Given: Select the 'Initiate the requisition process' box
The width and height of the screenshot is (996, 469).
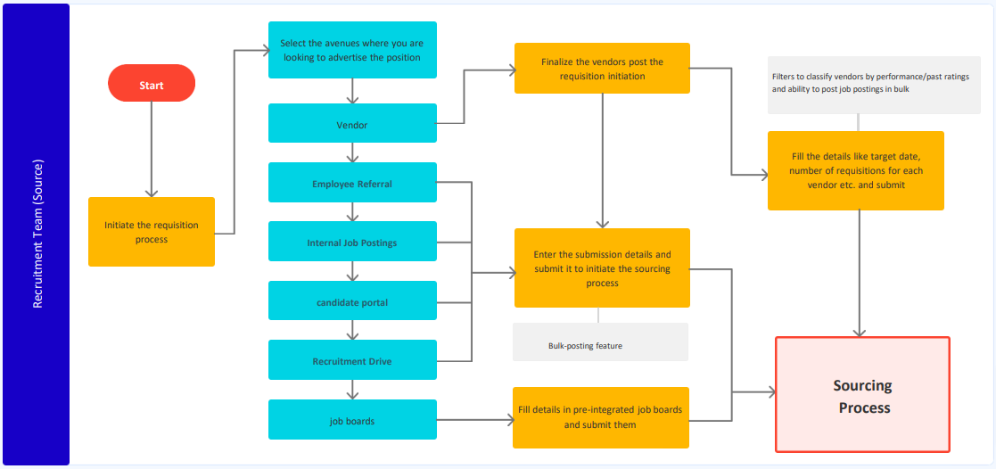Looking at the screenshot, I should coord(152,232).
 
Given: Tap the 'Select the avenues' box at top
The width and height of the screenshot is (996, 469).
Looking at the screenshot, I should coord(352,50).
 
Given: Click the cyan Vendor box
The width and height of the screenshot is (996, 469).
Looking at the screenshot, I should coord(352,124).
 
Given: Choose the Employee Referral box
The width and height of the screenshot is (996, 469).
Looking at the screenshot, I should coord(352,183).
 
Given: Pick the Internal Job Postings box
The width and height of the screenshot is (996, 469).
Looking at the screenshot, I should coord(352,242).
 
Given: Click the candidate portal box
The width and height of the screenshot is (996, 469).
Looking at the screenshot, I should coord(352,301).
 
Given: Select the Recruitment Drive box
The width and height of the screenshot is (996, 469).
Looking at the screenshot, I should coord(352,360).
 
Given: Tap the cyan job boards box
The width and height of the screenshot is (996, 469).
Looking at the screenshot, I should coord(352,420).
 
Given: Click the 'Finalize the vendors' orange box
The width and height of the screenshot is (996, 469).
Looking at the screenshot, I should coord(602,69).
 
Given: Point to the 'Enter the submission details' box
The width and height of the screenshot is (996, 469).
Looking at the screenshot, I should coord(602,267).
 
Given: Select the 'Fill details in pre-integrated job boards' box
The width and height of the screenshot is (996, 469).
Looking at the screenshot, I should coord(601,417).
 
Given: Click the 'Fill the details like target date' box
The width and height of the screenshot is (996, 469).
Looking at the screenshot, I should coord(855,171).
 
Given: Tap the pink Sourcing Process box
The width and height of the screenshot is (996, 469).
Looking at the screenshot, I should coord(862,394).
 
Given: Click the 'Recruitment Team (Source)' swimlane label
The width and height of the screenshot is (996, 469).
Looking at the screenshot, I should coord(37,234).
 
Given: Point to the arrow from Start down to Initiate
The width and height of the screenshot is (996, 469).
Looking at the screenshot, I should coord(152,148).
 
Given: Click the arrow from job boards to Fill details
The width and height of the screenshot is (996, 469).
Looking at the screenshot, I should coord(474,420).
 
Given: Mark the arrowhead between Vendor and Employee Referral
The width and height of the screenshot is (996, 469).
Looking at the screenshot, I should coord(353,155).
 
